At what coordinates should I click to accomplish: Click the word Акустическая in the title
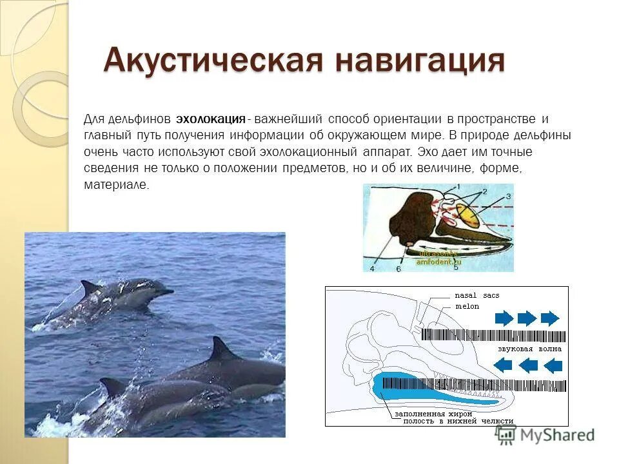pyautogui.click(x=213, y=61)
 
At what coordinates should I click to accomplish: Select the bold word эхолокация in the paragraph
pyautogui.click(x=211, y=120)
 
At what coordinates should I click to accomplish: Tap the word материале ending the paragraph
pyautogui.click(x=116, y=185)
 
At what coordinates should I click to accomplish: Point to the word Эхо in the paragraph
pyautogui.click(x=427, y=152)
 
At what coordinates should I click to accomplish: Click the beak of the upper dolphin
pyautogui.click(x=167, y=292)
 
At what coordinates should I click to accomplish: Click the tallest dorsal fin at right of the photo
pyautogui.click(x=221, y=349)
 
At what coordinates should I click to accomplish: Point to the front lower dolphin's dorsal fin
pyautogui.click(x=112, y=387)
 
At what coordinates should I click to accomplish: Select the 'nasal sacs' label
pyautogui.click(x=477, y=296)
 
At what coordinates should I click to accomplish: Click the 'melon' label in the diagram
pyautogui.click(x=467, y=307)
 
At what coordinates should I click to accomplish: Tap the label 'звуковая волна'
pyautogui.click(x=529, y=349)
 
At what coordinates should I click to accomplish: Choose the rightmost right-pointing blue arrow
pyautogui.click(x=550, y=318)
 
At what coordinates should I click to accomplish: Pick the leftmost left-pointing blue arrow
pyautogui.click(x=504, y=365)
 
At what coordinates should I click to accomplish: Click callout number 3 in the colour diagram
pyautogui.click(x=509, y=196)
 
